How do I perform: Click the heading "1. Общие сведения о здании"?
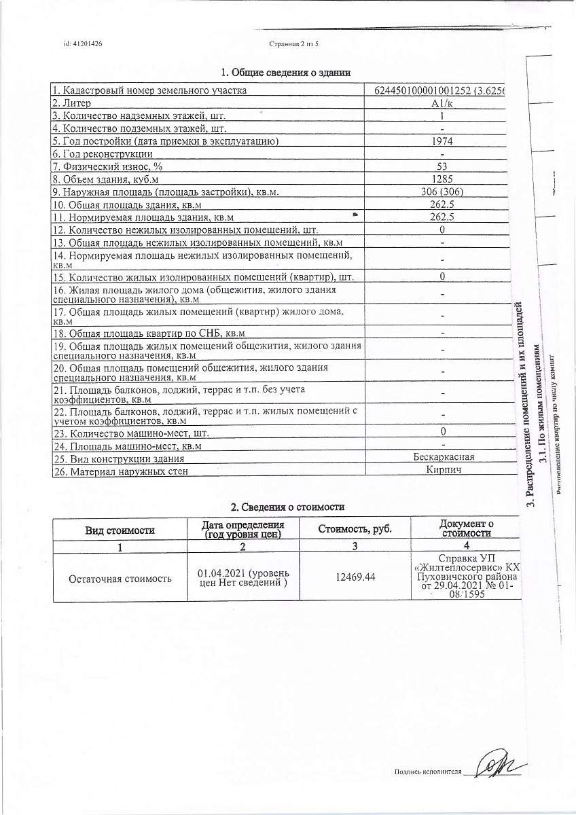click(286, 73)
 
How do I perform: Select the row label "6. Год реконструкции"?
click(103, 154)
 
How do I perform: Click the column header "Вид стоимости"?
click(120, 530)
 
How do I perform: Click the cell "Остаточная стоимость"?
click(120, 578)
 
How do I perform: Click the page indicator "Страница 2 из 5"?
click(293, 44)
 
